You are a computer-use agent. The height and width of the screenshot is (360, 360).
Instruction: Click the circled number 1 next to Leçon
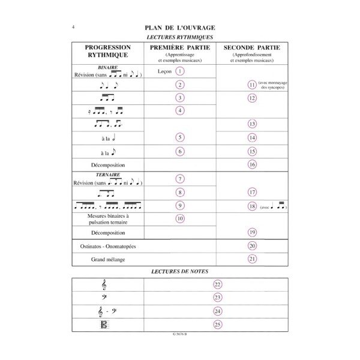[x=180, y=71]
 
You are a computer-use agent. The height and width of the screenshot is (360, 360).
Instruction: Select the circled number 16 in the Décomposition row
[x=252, y=164]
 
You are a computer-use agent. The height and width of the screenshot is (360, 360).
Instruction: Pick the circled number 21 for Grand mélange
[x=252, y=259]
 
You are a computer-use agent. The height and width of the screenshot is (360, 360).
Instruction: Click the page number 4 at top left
[x=73, y=27]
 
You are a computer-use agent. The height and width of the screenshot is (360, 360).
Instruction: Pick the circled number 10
[x=180, y=219]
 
